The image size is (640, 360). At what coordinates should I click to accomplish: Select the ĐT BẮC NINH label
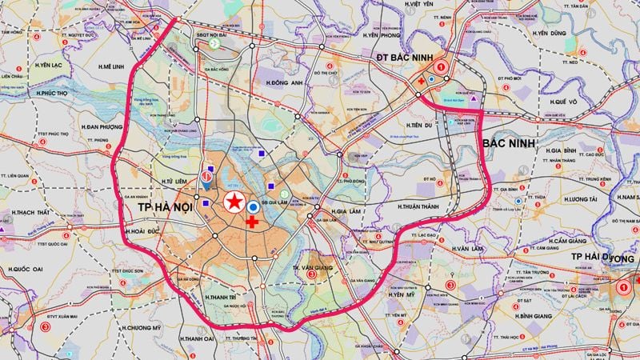pyautogui.click(x=406, y=58)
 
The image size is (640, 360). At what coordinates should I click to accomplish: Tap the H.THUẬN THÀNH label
pyautogui.click(x=424, y=206)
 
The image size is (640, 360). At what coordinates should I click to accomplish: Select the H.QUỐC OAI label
pyautogui.click(x=28, y=270)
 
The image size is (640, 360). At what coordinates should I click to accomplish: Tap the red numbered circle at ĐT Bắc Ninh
pyautogui.click(x=442, y=58)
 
